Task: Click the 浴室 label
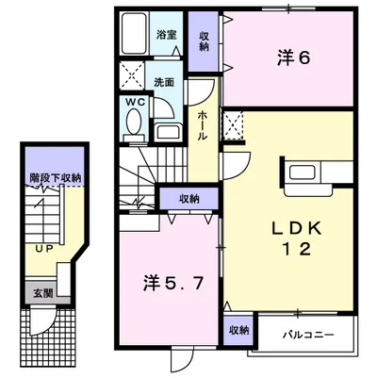click(166, 33)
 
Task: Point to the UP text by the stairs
click(44, 249)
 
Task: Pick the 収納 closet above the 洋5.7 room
click(188, 198)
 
